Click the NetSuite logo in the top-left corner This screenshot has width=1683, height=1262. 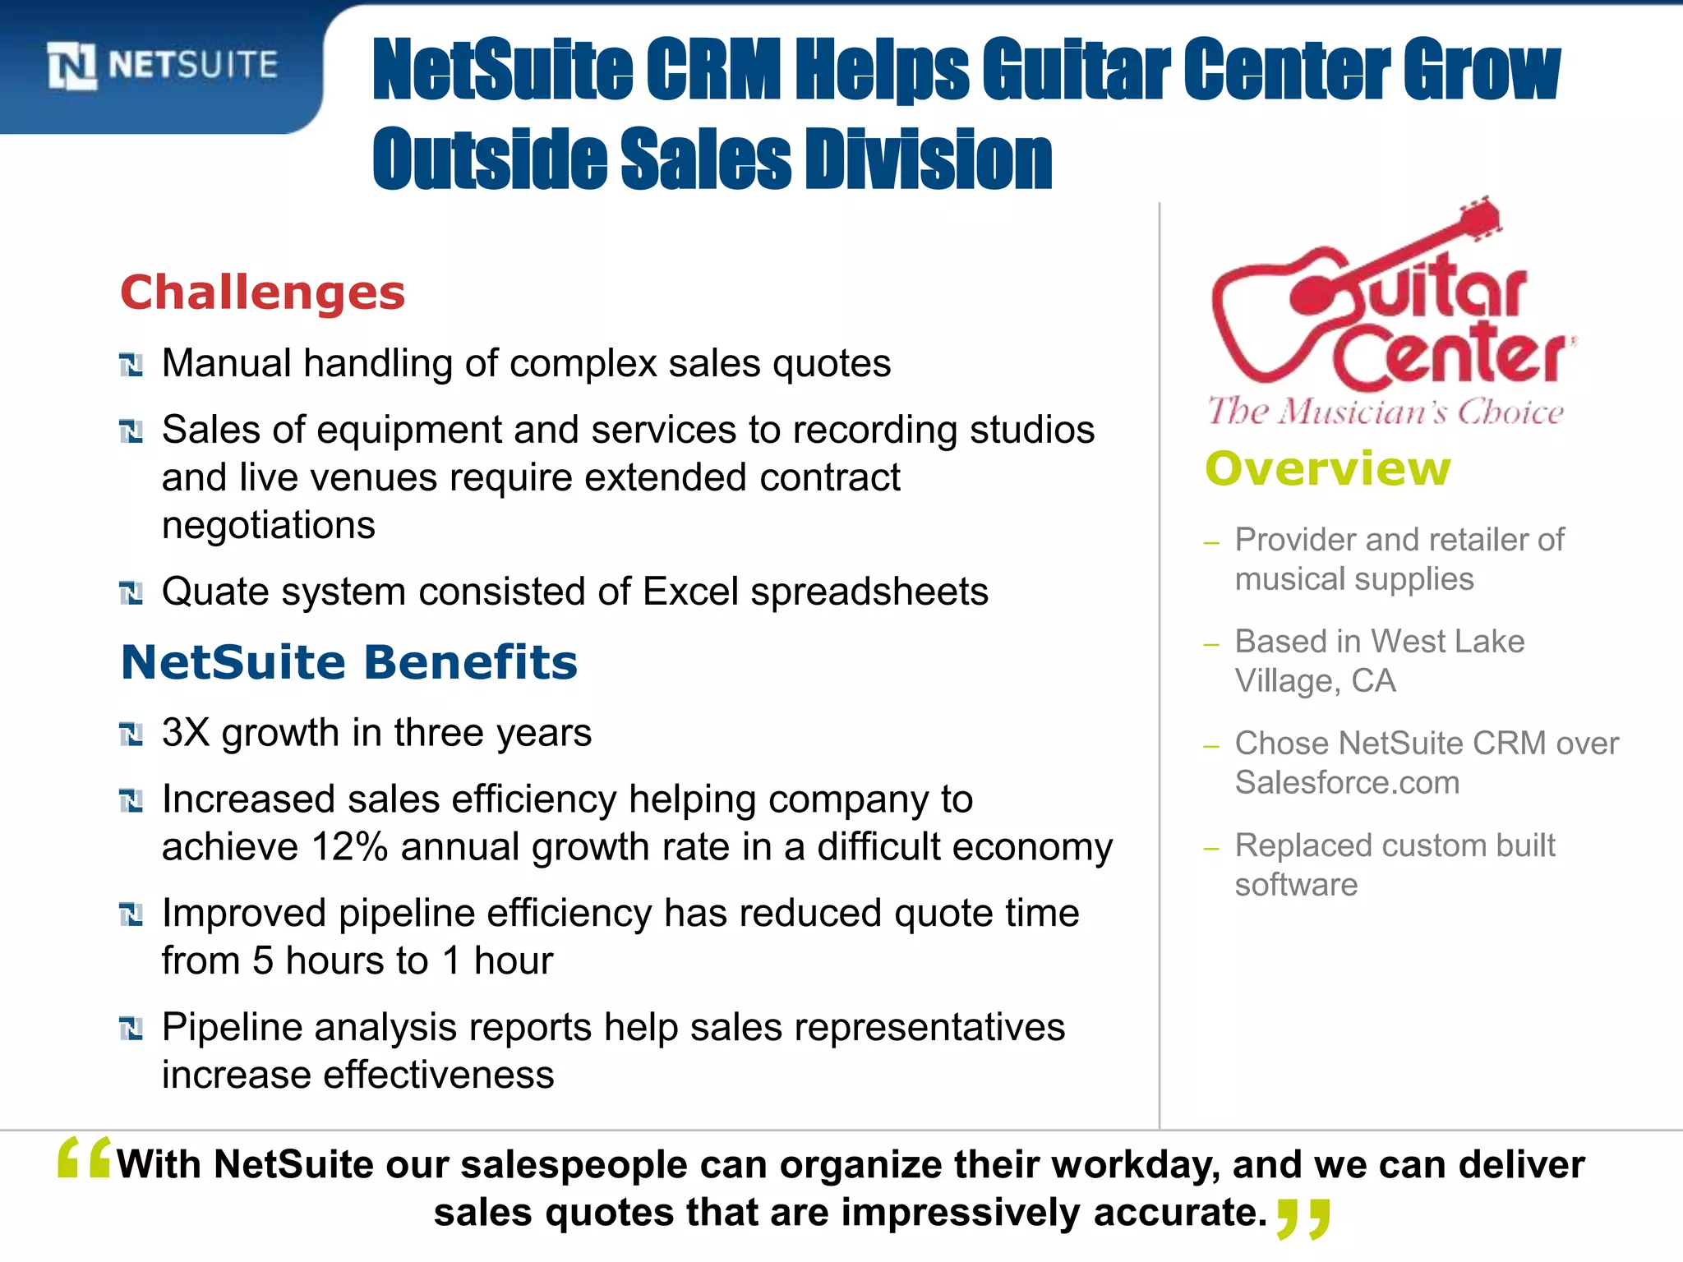tap(163, 66)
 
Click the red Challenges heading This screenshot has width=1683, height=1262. tap(263, 293)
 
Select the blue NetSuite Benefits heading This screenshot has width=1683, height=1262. tap(349, 662)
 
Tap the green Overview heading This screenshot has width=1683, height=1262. tap(1327, 469)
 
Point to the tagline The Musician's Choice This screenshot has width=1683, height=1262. tap(1386, 411)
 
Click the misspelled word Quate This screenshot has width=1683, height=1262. tap(214, 592)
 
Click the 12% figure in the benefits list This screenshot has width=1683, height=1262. tap(349, 847)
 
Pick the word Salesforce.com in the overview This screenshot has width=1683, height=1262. tap(1347, 783)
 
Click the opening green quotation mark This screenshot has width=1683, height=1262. tap(84, 1158)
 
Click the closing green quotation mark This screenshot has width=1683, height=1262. tap(1303, 1218)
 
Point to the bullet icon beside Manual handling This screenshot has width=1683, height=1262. tap(131, 365)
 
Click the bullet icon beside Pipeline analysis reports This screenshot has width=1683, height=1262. tap(131, 1029)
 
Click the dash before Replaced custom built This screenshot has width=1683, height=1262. tap(1210, 848)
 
